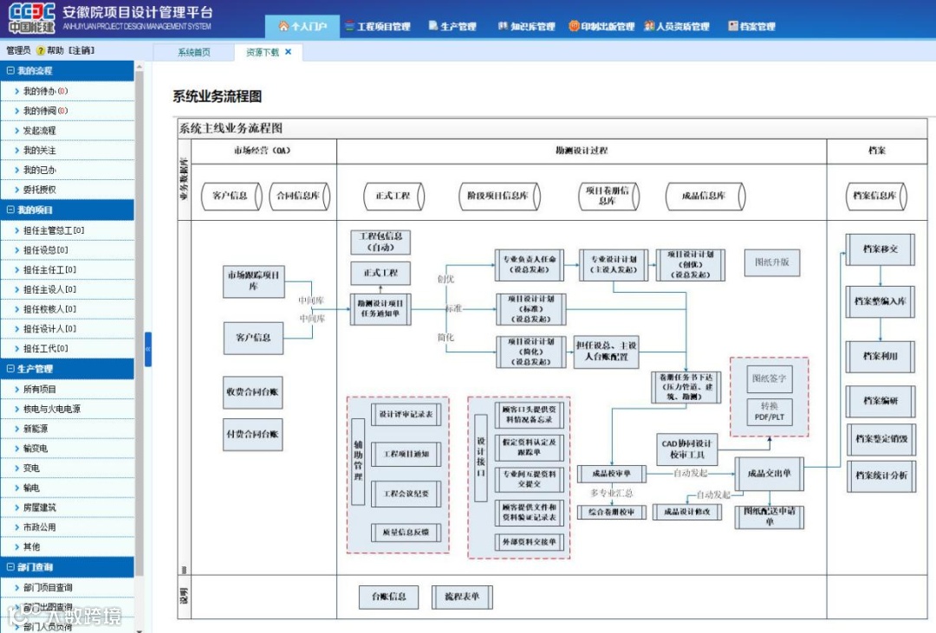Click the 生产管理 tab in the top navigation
tap(452, 27)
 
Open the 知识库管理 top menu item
tap(526, 27)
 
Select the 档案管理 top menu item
tap(751, 27)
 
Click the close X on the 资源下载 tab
tap(289, 52)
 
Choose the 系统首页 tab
tap(194, 53)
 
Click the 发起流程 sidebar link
tap(39, 131)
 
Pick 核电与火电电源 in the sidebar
tap(52, 409)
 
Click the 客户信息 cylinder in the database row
tap(230, 196)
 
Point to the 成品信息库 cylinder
tap(703, 196)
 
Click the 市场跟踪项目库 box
tap(254, 281)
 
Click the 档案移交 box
tap(881, 249)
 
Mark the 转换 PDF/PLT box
tap(770, 412)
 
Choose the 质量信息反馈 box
tap(401, 532)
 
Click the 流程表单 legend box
tap(462, 597)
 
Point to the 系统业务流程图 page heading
tap(218, 96)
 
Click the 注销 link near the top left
tap(81, 51)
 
